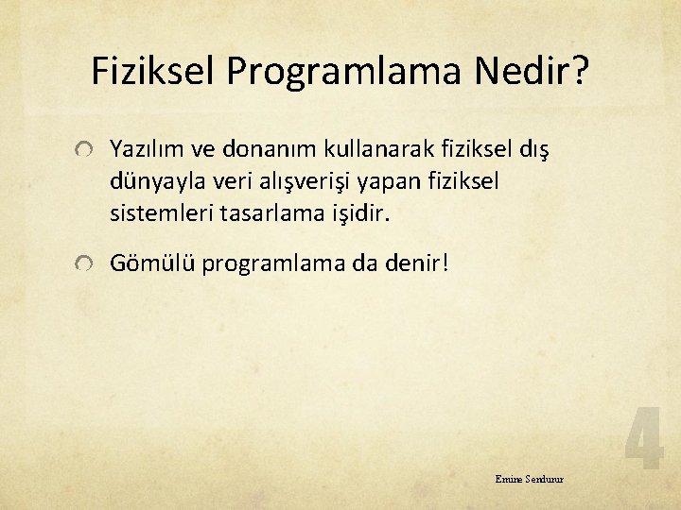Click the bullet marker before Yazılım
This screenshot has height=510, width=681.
[x=85, y=149]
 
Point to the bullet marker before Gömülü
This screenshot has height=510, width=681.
[x=85, y=265]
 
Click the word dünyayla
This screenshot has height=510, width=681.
[x=152, y=180]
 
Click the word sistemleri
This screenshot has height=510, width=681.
[x=158, y=212]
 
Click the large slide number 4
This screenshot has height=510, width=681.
[x=643, y=438]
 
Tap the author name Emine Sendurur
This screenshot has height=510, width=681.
[x=529, y=480]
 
